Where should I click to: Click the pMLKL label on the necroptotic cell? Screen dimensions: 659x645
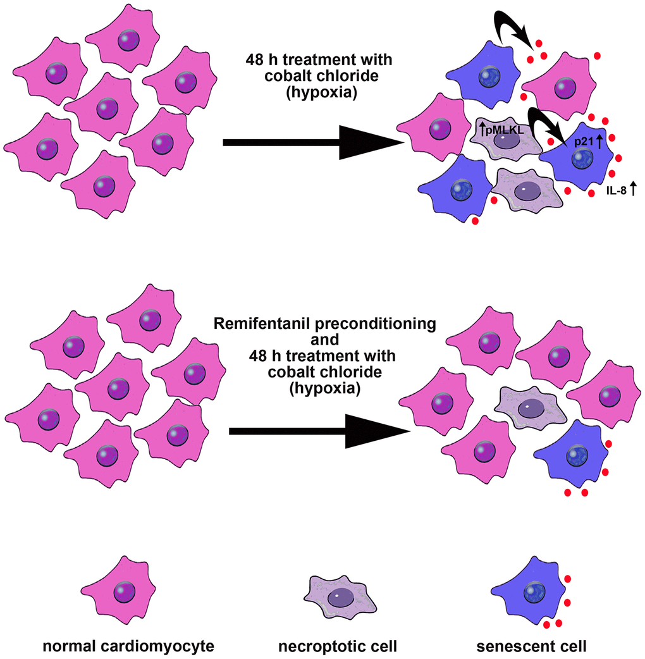[503, 131]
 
